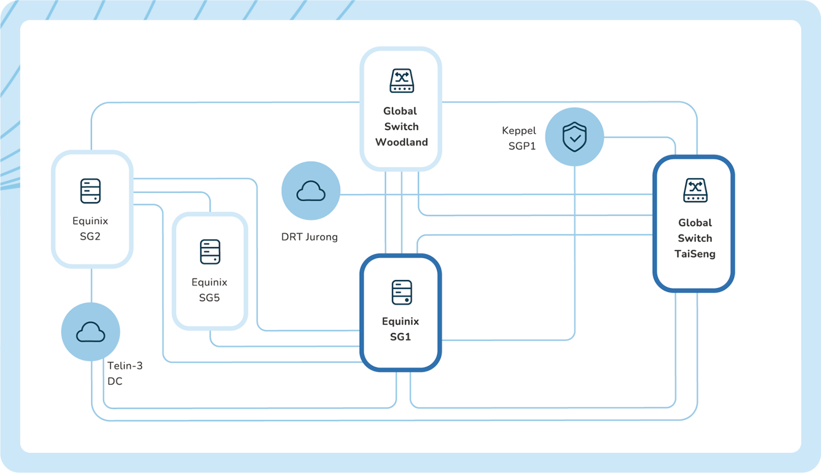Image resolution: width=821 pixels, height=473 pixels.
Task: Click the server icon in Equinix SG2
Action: tap(90, 191)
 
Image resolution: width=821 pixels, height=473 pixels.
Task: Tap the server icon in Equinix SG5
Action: tap(210, 252)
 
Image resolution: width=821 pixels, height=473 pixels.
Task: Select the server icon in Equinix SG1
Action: tap(401, 293)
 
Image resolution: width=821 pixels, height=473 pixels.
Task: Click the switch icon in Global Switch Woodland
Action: tap(401, 81)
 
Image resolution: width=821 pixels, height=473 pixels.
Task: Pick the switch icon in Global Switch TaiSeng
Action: tap(695, 191)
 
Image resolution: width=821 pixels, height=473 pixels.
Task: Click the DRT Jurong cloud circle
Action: tap(311, 191)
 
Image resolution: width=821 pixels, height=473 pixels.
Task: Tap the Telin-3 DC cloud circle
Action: tap(90, 332)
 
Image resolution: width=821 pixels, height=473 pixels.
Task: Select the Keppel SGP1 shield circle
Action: tap(574, 137)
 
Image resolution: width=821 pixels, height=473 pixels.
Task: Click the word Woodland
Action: tap(401, 142)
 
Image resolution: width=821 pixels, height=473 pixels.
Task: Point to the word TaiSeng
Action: tap(695, 254)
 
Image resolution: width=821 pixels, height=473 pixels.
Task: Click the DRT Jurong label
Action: tap(309, 237)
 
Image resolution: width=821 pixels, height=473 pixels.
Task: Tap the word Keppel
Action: tap(518, 130)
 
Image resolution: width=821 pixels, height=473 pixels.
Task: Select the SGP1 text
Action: tap(522, 146)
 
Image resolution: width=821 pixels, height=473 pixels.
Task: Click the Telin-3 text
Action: tap(125, 366)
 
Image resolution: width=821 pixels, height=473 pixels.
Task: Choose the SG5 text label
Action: tap(210, 297)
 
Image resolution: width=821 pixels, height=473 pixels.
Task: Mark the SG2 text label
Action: tap(90, 236)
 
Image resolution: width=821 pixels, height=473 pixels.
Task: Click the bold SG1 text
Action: tap(400, 336)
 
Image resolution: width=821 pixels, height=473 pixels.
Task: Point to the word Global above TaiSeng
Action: tap(695, 223)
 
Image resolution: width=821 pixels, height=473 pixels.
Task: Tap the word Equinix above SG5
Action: tap(210, 282)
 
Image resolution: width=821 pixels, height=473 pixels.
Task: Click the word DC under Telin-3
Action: tap(115, 381)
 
